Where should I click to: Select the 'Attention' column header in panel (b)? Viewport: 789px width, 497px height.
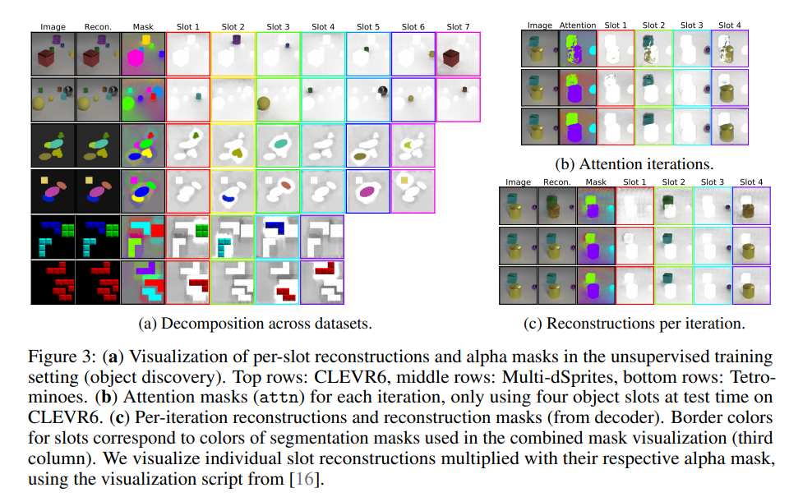[577, 25]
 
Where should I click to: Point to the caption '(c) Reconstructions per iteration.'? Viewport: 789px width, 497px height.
[634, 323]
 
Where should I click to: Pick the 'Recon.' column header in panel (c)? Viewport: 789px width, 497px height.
[556, 182]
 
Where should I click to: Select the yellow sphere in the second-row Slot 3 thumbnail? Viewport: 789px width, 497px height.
[264, 104]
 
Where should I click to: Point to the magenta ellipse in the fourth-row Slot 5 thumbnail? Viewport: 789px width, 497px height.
[367, 192]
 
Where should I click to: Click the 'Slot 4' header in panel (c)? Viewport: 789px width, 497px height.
[752, 182]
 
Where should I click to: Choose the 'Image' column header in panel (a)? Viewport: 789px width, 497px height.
[53, 27]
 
